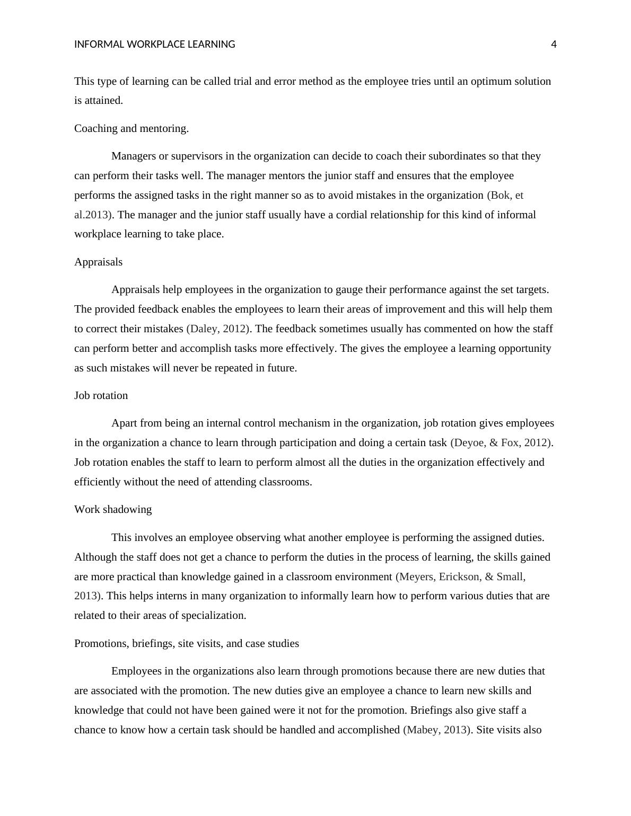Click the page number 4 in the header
click(554, 45)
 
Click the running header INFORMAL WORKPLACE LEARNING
click(154, 45)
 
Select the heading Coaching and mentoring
click(132, 128)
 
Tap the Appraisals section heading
click(98, 262)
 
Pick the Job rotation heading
click(101, 395)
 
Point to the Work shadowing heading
click(113, 509)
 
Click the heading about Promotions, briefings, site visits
click(186, 643)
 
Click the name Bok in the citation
click(501, 195)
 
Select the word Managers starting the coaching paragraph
click(134, 156)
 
